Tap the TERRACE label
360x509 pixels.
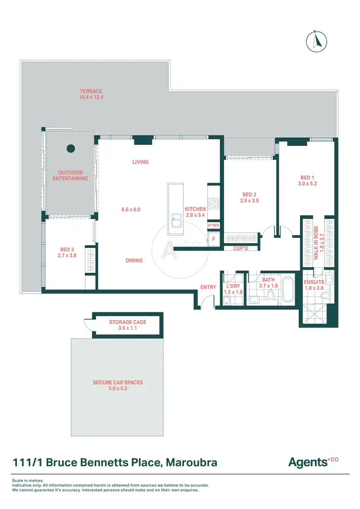(x=91, y=91)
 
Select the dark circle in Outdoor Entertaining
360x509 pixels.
(x=71, y=148)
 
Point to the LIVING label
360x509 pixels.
(x=141, y=162)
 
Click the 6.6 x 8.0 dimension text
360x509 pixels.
(x=131, y=210)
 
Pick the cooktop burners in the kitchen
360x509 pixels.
(x=214, y=203)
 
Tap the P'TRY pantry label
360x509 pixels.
(x=214, y=225)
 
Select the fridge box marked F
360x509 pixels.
(x=213, y=238)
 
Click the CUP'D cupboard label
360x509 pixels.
(x=240, y=249)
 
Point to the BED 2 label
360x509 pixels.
(x=250, y=194)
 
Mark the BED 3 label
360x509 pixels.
(x=67, y=249)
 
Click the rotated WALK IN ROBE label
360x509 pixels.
(x=316, y=243)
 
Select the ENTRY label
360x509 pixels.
(x=208, y=287)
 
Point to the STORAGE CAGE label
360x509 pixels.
(x=127, y=322)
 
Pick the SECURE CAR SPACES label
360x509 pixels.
(x=118, y=383)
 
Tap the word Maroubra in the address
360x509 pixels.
(x=191, y=463)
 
